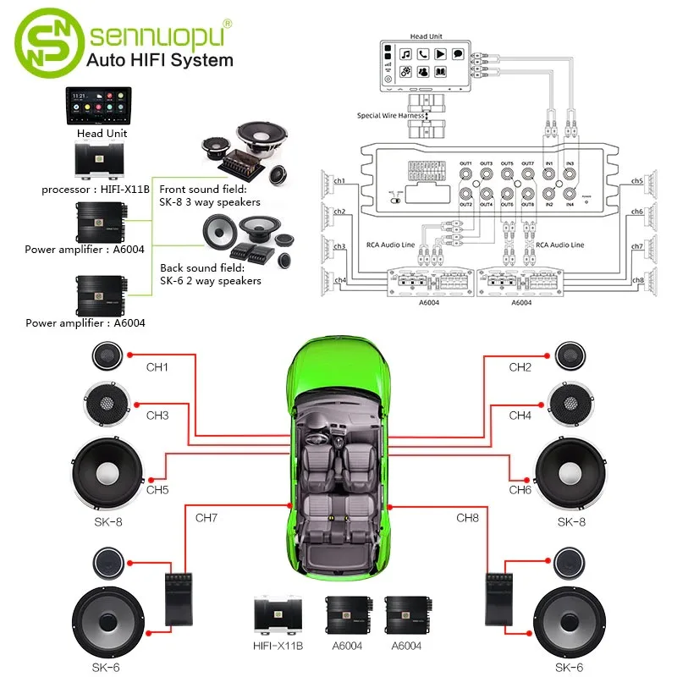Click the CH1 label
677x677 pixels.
157,367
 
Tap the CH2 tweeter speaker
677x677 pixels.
568,355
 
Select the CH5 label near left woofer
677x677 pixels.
157,489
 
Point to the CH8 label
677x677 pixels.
468,517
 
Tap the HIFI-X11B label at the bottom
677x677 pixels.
278,646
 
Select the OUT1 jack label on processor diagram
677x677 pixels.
465,162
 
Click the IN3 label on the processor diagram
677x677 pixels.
570,162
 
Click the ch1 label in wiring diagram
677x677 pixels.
339,181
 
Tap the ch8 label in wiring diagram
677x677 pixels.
637,280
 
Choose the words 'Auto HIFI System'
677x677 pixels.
161,61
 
